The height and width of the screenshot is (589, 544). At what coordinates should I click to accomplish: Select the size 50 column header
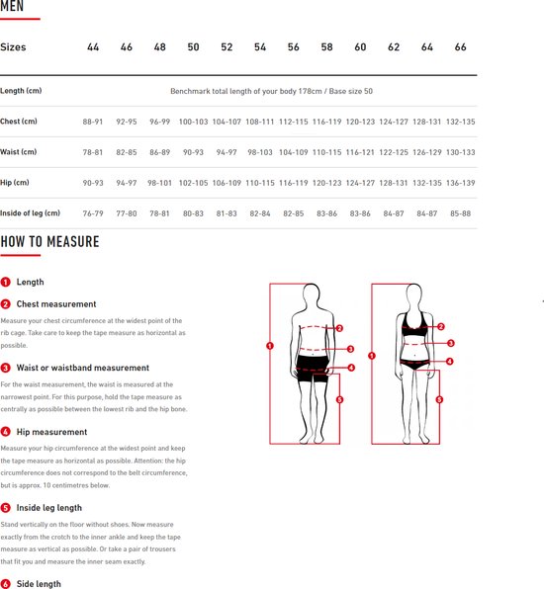[x=193, y=47]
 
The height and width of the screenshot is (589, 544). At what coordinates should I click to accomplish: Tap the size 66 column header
[x=460, y=47]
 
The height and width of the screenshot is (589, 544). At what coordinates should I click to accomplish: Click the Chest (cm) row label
[x=19, y=122]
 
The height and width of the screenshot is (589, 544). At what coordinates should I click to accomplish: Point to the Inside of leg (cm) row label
[x=30, y=213]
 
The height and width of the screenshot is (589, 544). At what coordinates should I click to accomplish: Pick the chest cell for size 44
[x=93, y=122]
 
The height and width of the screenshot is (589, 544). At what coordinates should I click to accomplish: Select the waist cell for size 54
[x=259, y=152]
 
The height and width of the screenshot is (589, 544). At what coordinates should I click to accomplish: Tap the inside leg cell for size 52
[x=227, y=213]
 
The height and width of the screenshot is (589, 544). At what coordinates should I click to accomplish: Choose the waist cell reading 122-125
[x=394, y=152]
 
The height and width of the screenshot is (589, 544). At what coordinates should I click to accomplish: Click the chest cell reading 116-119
[x=326, y=122]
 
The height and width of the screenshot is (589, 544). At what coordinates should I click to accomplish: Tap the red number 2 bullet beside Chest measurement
[x=6, y=304]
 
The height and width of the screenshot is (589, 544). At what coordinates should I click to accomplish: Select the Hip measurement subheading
[x=51, y=432]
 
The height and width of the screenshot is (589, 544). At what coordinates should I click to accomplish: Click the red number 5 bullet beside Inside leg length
[x=6, y=508]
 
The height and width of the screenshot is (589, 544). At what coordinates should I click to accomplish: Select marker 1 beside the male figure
[x=270, y=346]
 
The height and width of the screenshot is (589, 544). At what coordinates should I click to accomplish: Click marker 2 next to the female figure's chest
[x=441, y=326]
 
